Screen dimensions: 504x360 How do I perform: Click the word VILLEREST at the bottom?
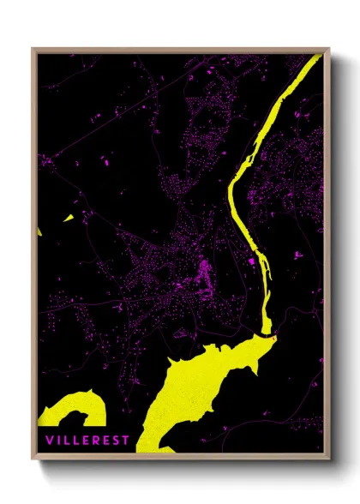click(x=82, y=441)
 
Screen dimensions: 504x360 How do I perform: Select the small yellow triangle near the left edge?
click(x=68, y=219)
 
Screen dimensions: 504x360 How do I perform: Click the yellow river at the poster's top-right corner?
click(x=310, y=63)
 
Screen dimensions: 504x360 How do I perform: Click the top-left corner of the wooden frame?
click(x=33, y=49)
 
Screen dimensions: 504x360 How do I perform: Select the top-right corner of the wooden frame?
click(x=329, y=49)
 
